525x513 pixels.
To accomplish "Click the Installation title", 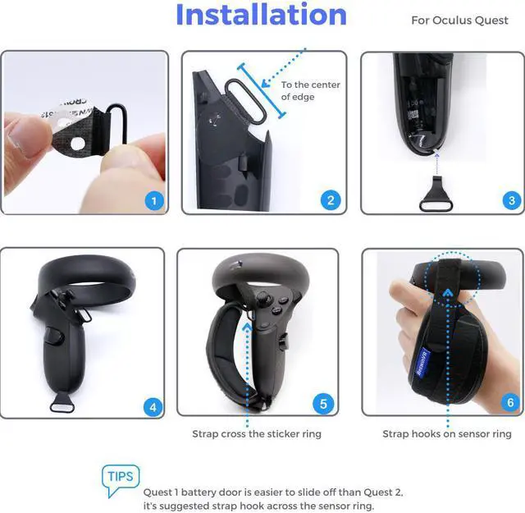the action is tap(261, 15).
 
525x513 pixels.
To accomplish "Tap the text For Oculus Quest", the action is tap(459, 21).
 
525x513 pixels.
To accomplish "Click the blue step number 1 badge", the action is tap(154, 201).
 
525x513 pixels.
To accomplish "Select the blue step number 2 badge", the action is tap(330, 200).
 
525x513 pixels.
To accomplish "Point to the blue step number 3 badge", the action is tap(512, 200).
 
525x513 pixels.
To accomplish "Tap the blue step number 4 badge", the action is tap(153, 407).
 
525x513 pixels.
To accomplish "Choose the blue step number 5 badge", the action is tap(323, 404).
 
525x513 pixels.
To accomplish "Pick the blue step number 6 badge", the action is tap(510, 402).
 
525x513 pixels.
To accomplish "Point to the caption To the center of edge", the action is tap(310, 91).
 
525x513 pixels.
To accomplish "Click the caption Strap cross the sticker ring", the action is tap(257, 434).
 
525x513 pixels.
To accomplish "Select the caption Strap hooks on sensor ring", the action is tap(447, 434).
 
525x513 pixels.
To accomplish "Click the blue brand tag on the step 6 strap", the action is tap(423, 362).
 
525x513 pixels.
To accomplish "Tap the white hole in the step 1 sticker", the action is tap(78, 144).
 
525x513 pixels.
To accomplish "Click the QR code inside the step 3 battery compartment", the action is tap(414, 115).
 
